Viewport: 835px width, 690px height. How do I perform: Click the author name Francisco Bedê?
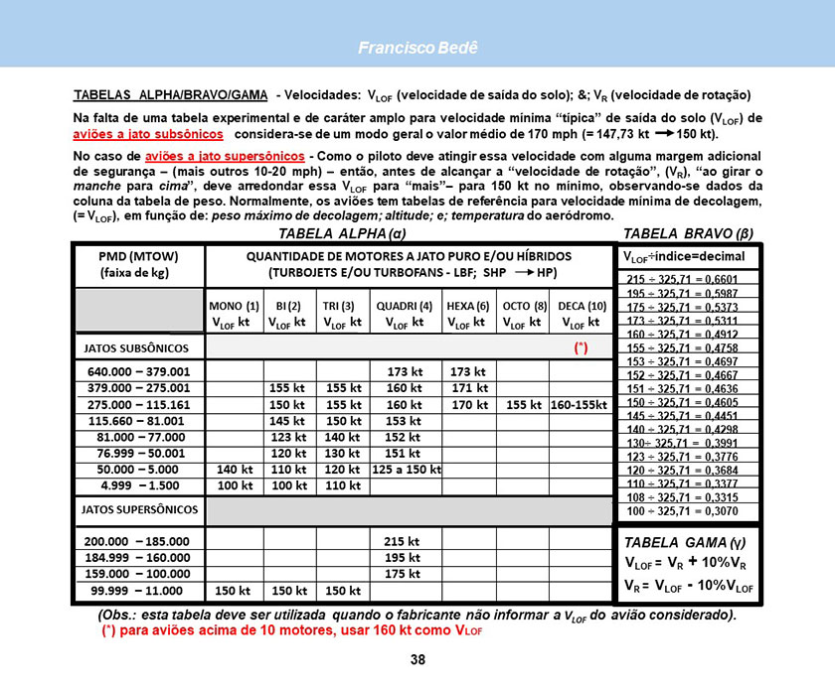pos(417,48)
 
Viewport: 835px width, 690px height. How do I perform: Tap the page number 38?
pos(417,660)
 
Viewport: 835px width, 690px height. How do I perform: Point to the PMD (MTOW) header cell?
pos(138,264)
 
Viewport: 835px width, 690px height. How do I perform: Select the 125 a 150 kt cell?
pos(405,469)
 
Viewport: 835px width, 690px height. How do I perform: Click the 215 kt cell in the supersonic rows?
pos(405,541)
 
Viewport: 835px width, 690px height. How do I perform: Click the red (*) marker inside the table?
pos(582,348)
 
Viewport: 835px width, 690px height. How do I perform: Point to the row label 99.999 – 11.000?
pos(138,590)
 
